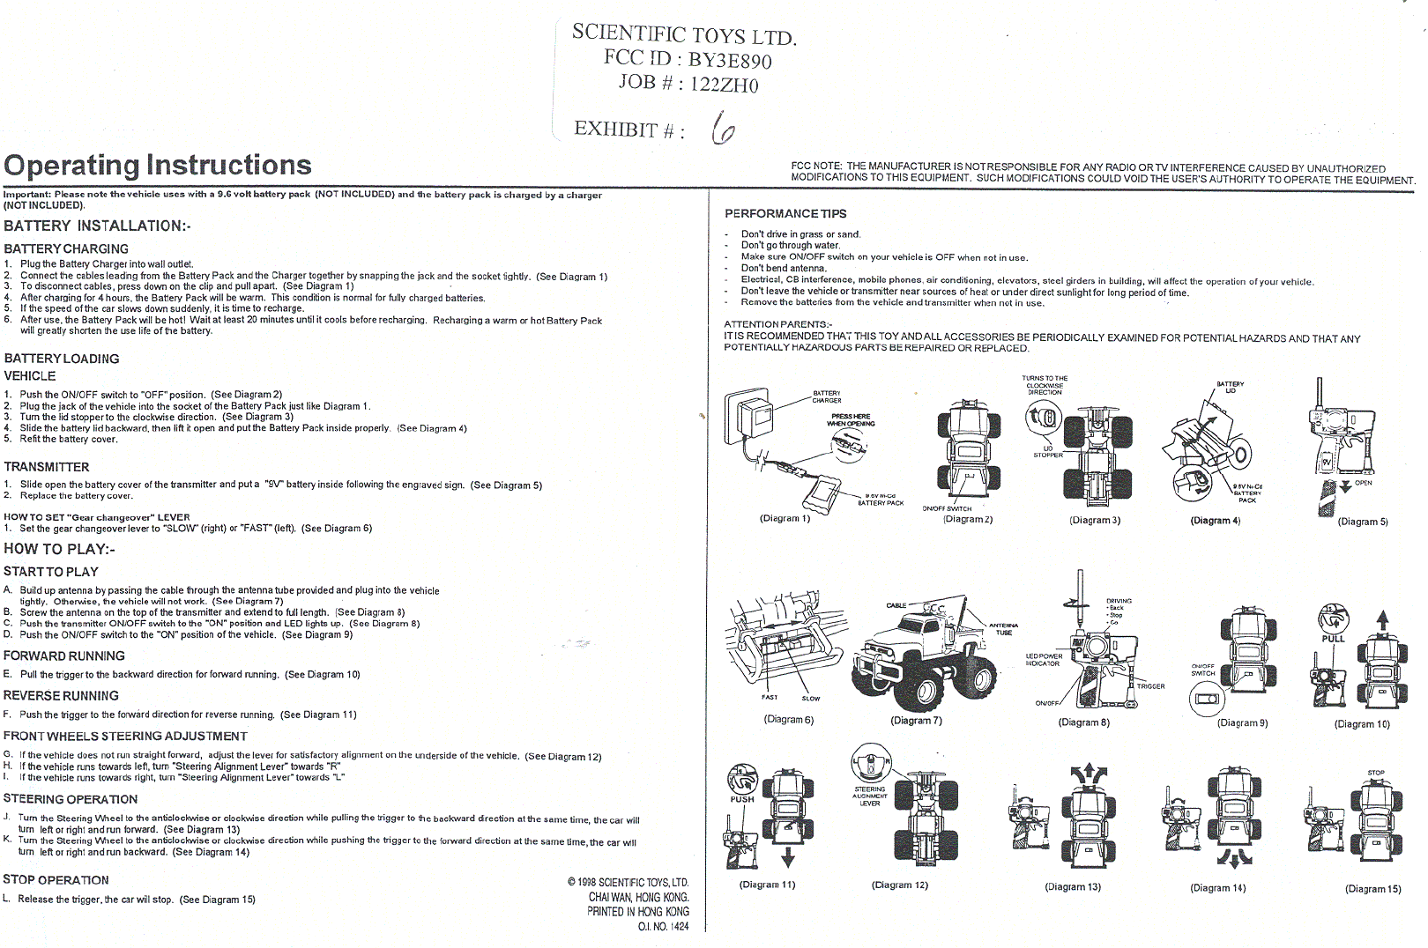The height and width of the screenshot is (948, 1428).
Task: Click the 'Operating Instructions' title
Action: click(158, 166)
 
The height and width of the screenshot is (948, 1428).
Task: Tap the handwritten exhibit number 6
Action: click(723, 129)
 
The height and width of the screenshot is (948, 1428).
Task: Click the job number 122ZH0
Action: click(725, 85)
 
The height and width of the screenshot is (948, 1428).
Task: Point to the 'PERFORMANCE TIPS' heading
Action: click(785, 214)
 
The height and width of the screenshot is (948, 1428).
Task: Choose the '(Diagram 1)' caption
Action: click(785, 518)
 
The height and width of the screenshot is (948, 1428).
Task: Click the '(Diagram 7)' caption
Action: click(916, 721)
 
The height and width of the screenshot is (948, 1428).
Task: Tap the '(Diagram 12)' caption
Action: click(900, 885)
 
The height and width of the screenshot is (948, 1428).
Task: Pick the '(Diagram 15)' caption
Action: click(1372, 888)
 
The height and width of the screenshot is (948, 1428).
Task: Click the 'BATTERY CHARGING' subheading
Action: click(66, 249)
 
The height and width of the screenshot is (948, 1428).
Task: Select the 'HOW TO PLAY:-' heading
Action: click(59, 549)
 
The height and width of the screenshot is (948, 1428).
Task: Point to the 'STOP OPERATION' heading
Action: click(56, 879)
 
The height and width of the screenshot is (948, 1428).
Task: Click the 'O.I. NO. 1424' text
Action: click(664, 926)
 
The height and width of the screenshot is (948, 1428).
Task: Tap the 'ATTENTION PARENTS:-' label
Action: click(777, 324)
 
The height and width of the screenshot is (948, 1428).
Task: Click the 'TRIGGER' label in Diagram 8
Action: click(1150, 686)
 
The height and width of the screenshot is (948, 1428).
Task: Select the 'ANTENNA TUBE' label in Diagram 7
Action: click(1004, 628)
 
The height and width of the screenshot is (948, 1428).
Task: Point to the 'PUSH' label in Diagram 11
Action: click(742, 800)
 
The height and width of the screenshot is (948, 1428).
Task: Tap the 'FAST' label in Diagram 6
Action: click(770, 697)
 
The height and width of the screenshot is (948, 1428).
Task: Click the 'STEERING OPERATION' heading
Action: click(71, 799)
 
